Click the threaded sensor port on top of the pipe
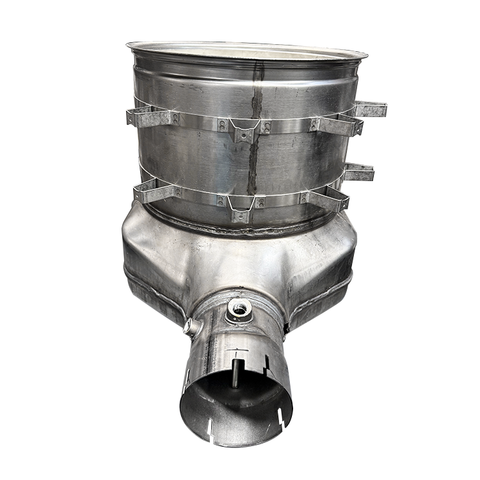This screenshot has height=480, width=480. point(239,308)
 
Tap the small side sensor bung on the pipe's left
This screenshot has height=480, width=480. point(191,328)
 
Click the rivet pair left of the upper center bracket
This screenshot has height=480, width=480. point(222,125)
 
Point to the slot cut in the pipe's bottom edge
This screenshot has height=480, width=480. point(280,419)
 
